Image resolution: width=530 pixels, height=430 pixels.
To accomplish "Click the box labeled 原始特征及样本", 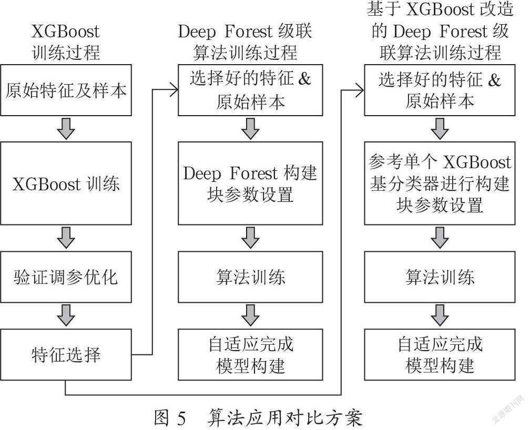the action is (66, 90).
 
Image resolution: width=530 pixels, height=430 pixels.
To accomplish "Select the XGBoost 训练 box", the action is (66, 183).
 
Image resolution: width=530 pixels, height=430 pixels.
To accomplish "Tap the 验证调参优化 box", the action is (66, 277).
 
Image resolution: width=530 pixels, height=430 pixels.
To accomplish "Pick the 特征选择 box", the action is (66, 355).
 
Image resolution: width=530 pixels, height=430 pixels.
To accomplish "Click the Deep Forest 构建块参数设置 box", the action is (250, 183).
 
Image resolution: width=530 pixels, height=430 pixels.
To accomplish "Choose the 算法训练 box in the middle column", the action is (250, 277).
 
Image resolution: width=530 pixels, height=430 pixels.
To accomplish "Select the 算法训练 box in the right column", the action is (440, 277).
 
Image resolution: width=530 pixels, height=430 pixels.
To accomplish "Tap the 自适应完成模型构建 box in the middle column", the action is (250, 355).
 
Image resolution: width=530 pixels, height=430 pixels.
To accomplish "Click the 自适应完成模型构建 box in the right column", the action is (440, 355).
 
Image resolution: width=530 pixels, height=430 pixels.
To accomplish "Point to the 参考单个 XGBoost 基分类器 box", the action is (440, 183).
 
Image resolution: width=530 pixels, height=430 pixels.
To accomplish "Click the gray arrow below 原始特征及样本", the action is (66, 129).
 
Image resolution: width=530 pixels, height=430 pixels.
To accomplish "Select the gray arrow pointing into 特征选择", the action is (66, 315).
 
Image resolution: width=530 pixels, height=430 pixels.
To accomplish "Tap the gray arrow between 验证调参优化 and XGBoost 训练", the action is (66, 238).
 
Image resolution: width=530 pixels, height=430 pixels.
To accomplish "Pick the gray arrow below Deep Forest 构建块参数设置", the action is (250, 238).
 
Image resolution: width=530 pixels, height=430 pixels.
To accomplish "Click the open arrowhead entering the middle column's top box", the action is (174, 90).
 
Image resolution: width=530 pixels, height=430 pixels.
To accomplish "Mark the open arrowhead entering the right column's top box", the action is (360, 90).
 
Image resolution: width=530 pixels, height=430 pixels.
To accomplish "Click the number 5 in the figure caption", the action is (181, 418).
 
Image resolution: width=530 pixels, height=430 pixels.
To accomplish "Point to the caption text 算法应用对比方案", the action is (285, 418).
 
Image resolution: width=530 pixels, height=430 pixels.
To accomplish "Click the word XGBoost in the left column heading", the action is (66, 32).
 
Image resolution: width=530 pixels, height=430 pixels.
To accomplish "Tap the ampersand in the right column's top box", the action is (494, 80).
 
